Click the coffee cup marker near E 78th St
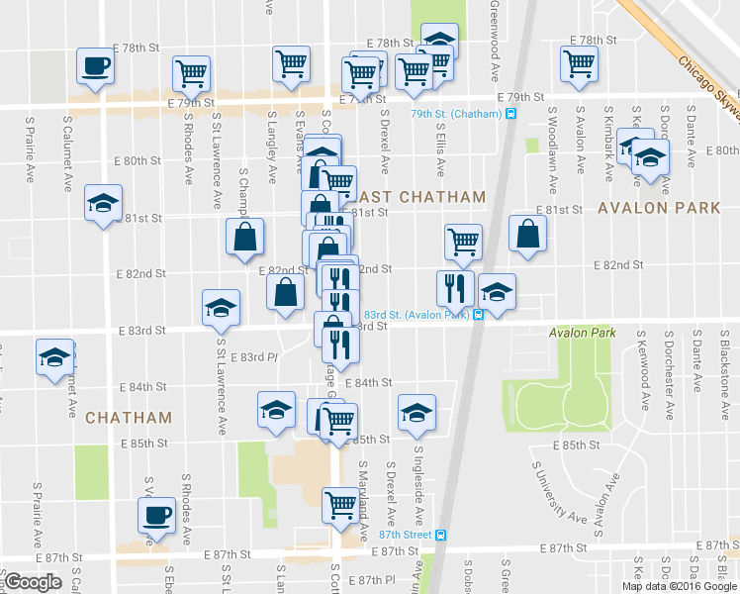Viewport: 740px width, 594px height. [96, 67]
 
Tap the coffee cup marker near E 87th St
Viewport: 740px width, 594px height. [156, 517]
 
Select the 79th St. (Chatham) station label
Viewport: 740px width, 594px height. [456, 114]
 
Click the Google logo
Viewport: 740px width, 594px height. [33, 582]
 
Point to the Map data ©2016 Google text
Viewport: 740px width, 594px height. [677, 586]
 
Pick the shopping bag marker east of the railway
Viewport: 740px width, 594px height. [528, 235]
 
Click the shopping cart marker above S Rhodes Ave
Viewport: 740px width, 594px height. [191, 72]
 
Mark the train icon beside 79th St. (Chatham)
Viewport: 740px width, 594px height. [511, 114]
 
